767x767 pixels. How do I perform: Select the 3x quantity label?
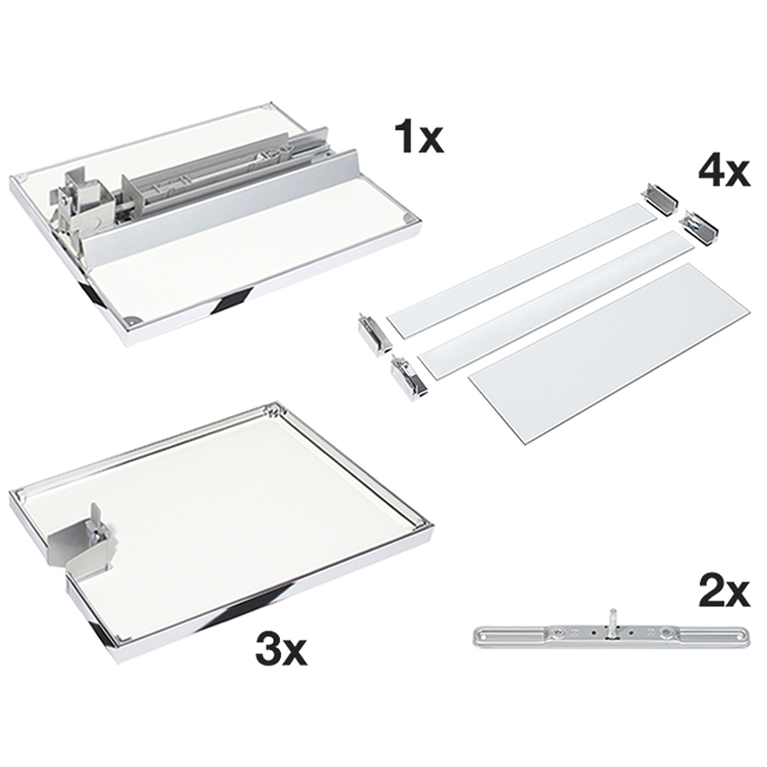point(281,649)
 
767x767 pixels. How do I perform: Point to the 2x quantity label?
point(724,593)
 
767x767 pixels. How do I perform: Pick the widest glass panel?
point(609,354)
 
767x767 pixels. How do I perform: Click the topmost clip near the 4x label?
point(661,198)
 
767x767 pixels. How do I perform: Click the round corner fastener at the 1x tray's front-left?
point(130,321)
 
